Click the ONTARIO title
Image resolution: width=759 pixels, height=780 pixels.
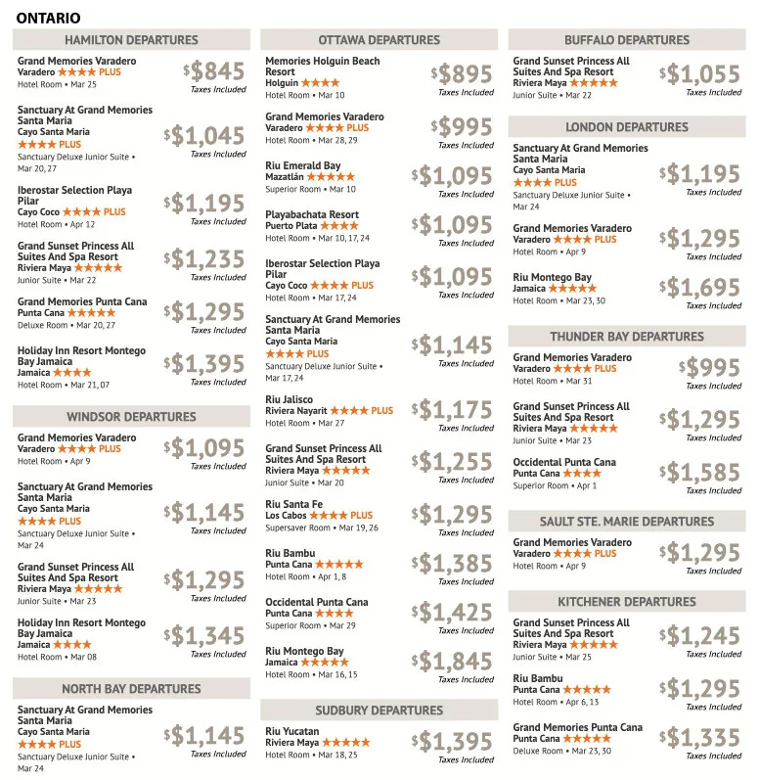[x=49, y=18]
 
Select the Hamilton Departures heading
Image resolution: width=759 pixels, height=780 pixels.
[x=131, y=40]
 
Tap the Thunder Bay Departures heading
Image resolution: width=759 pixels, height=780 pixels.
[x=627, y=337]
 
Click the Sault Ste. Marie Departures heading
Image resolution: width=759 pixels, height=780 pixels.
[x=627, y=522]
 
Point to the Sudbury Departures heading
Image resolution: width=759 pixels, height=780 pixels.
[x=379, y=710]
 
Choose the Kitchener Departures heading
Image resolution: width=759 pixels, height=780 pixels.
[x=627, y=601]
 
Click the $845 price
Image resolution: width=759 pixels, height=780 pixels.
[x=214, y=71]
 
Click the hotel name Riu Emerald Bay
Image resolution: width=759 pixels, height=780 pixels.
[x=303, y=166]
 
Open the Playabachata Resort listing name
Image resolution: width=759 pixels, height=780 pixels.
[x=312, y=214]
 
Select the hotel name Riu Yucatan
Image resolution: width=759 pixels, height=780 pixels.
[x=293, y=731]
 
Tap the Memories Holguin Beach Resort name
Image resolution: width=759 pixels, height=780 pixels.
[x=323, y=67]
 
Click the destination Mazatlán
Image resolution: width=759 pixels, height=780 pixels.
[x=285, y=177]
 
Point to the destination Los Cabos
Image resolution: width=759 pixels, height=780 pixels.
[x=286, y=516]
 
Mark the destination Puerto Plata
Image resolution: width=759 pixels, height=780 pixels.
[x=291, y=226]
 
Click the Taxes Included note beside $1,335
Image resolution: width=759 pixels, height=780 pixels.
[x=714, y=756]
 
